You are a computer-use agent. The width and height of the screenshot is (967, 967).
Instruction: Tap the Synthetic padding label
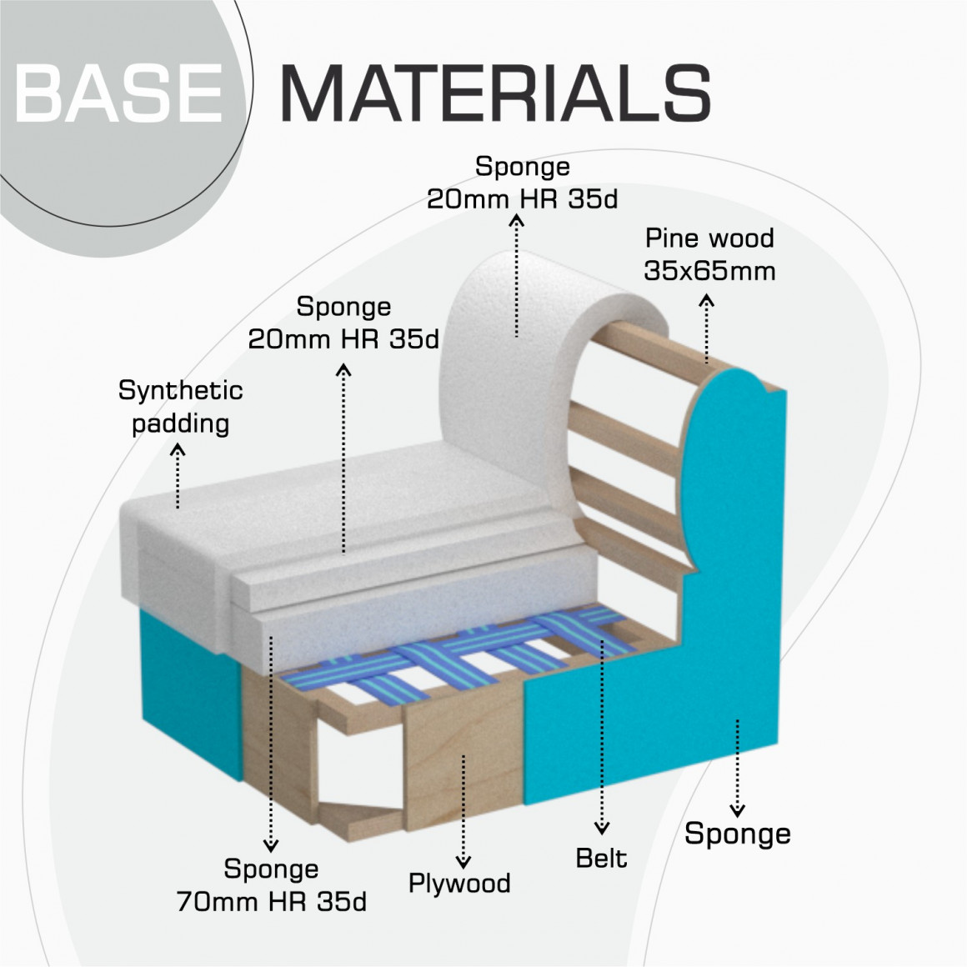180,407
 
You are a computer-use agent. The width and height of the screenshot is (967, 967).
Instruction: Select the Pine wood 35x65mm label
709,254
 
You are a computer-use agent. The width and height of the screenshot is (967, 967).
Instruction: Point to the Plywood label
459,883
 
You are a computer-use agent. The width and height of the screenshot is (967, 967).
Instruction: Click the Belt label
601,858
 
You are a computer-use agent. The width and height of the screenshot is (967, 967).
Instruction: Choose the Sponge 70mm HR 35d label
272,885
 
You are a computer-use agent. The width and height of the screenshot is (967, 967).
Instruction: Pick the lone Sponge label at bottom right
738,833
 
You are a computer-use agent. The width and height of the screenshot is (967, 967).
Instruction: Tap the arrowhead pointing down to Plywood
463,862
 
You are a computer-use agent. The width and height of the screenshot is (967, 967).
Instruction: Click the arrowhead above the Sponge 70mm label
270,845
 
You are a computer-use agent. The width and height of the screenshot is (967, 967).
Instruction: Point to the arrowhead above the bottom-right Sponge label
737,809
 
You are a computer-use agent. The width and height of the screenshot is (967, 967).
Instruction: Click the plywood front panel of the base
463,750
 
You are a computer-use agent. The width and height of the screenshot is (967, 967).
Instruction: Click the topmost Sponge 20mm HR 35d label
522,183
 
